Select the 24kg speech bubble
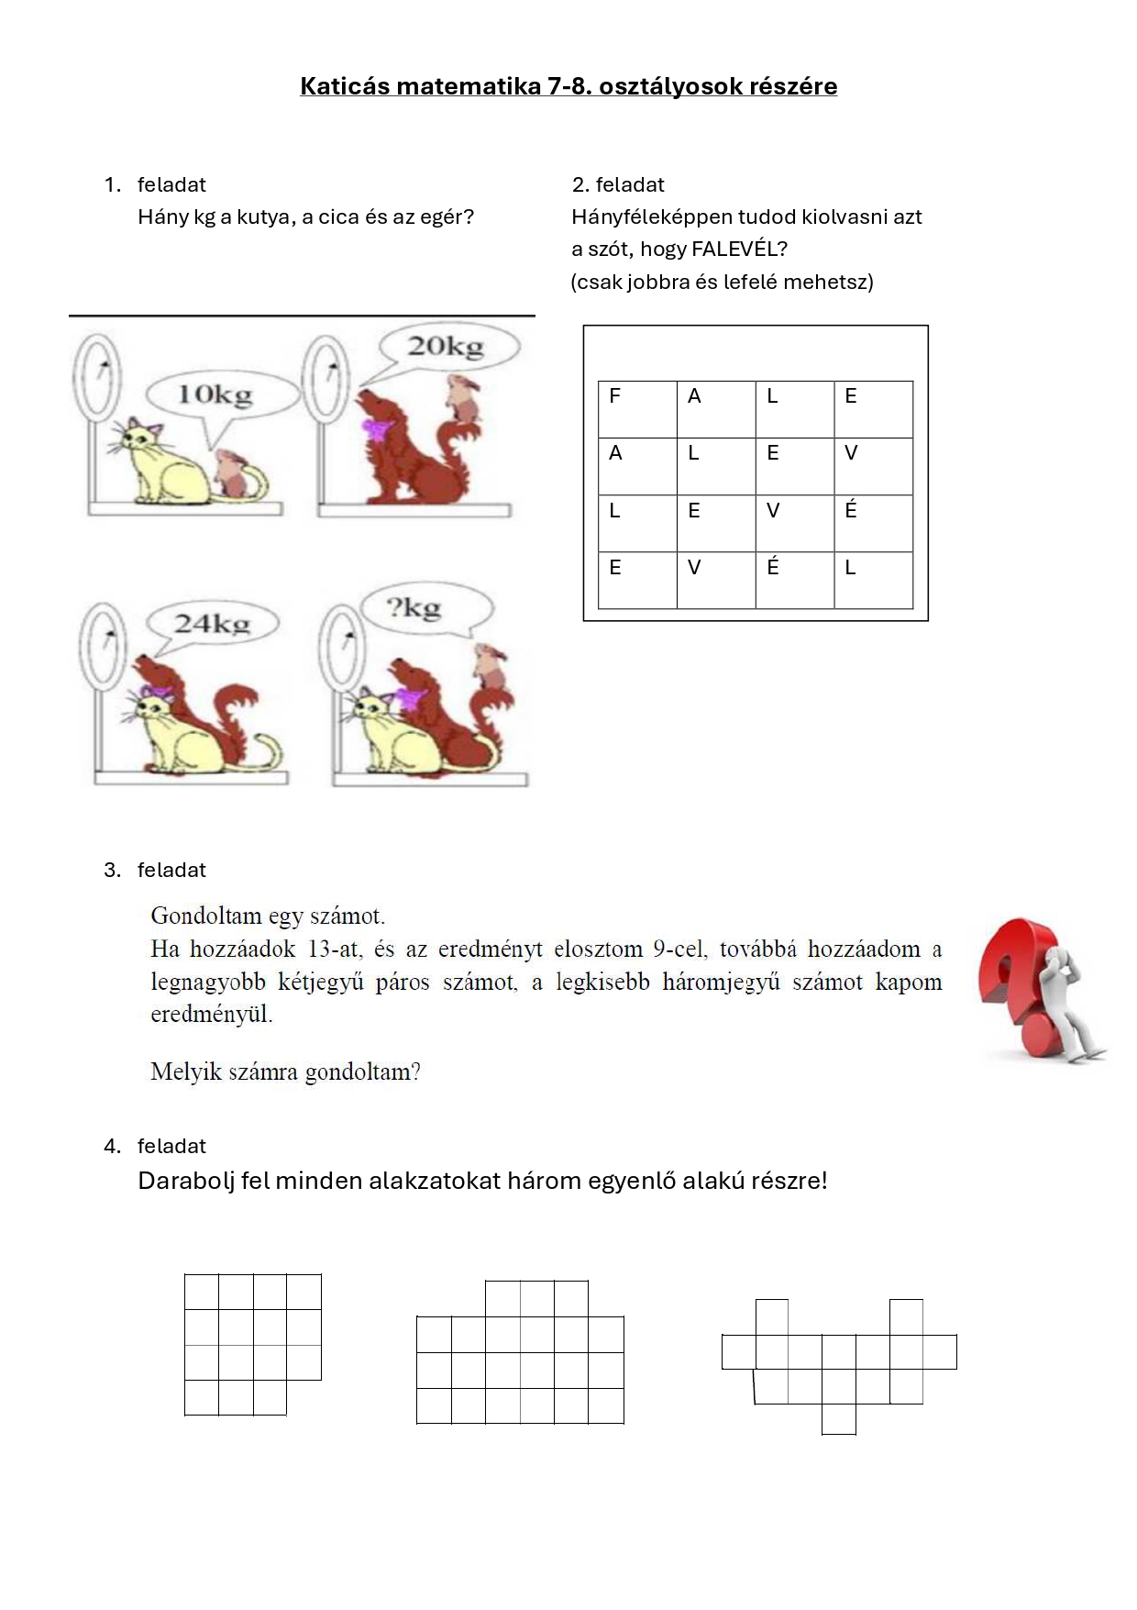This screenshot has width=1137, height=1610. click(212, 624)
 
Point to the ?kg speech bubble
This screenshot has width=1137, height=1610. click(418, 608)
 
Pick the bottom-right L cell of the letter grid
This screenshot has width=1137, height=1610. click(873, 579)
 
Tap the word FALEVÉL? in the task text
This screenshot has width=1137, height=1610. click(739, 250)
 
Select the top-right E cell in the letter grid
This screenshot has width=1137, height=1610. click(873, 408)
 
